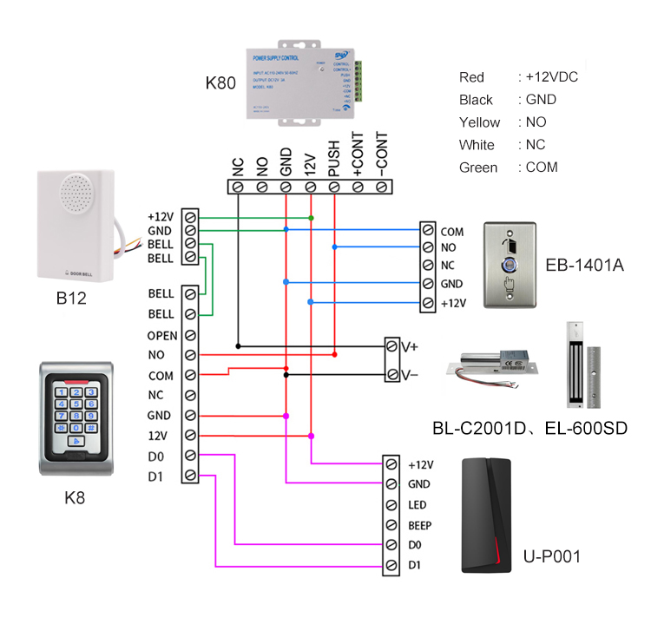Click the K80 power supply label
click(220, 83)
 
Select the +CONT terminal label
click(357, 158)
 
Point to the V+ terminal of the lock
click(409, 346)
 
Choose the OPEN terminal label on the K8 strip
click(162, 335)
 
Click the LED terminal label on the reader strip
click(418, 504)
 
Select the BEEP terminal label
click(419, 525)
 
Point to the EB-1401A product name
click(584, 265)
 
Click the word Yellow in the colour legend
click(479, 122)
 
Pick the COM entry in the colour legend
click(542, 168)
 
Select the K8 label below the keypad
click(76, 498)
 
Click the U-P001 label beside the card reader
click(552, 556)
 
